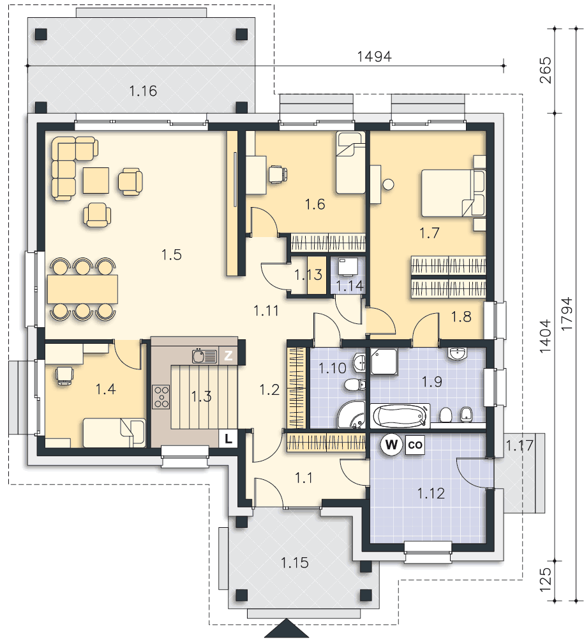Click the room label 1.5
(171, 255)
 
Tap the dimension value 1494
(374, 56)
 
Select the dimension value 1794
(567, 314)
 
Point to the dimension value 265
(545, 70)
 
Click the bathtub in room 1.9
(400, 416)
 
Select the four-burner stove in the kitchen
(161, 397)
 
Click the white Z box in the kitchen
(228, 356)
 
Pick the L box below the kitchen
(228, 439)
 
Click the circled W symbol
(391, 444)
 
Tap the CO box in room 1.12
(415, 445)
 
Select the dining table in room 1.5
(82, 289)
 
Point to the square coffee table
(96, 181)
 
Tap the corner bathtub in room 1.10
(352, 415)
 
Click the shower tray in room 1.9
(384, 362)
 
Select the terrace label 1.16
(143, 91)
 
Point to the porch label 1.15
(295, 563)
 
